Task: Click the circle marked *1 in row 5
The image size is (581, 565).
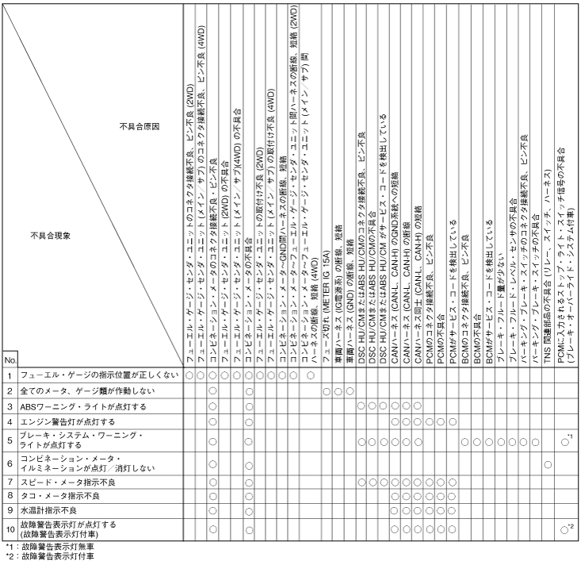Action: (564, 441)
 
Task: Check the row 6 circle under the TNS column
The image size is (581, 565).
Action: (548, 463)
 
